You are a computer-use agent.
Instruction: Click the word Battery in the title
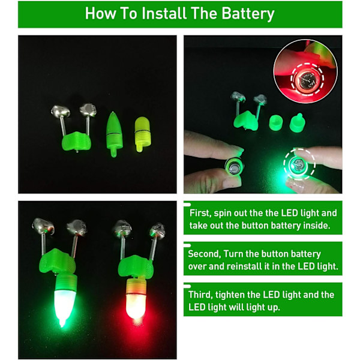pos(248,14)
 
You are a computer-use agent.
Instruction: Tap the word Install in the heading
pos(164,13)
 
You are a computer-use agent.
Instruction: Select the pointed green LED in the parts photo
pos(114,134)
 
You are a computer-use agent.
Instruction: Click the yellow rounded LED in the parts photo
pos(142,134)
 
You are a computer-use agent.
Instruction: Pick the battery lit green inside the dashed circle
pos(298,164)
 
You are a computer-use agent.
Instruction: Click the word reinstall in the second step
pos(245,266)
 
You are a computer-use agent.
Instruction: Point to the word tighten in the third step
pos(230,295)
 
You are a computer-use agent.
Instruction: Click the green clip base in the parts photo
pos(76,141)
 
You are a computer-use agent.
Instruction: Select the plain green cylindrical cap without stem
pos(276,122)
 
